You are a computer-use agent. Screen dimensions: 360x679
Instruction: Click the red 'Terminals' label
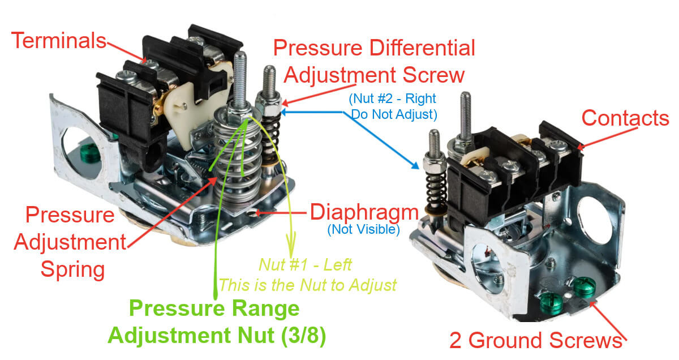59,41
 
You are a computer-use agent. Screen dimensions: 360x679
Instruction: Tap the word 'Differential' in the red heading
422,49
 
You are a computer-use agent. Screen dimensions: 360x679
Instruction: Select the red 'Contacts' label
625,118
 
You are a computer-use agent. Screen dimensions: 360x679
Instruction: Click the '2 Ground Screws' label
535,341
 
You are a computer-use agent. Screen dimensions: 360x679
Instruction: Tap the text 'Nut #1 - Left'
305,264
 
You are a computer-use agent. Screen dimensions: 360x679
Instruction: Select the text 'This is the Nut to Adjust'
307,284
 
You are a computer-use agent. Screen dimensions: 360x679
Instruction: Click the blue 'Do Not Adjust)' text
394,114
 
